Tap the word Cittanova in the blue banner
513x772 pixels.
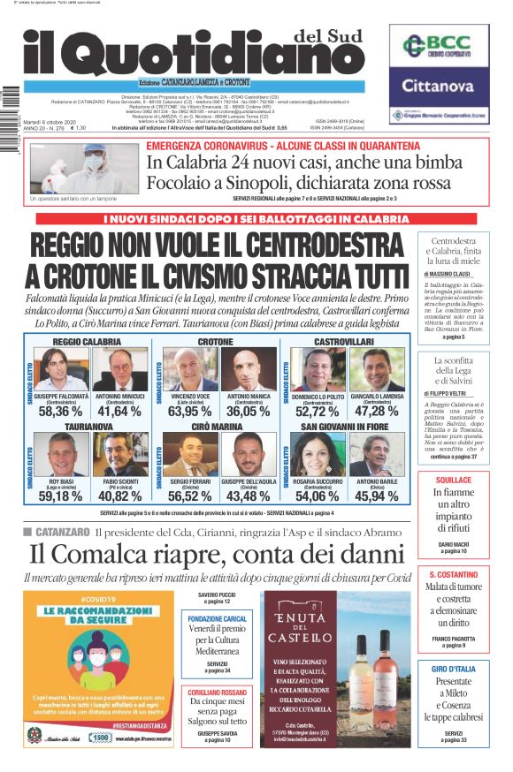439,86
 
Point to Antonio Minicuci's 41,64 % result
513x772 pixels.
119,411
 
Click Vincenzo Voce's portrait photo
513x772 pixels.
191,370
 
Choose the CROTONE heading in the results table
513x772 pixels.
216,341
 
